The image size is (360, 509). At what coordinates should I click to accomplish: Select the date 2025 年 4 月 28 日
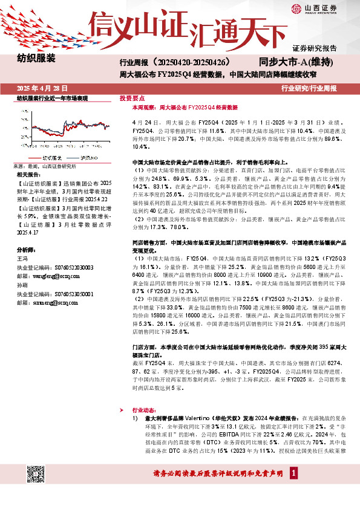[42, 88]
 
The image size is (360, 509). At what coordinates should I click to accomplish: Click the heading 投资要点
[132, 97]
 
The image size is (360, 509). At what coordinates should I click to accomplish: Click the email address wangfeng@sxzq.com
[51, 274]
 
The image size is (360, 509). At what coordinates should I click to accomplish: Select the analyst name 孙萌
[22, 284]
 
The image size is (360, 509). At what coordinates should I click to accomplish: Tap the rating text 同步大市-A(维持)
[296, 62]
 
